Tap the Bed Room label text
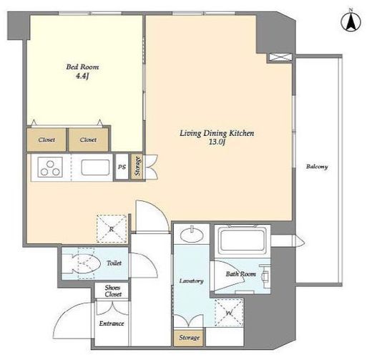(82, 67)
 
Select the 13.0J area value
(217, 142)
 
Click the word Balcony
(317, 167)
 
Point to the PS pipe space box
(122, 167)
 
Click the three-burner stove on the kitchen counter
(50, 167)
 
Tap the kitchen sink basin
(95, 167)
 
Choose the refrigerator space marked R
(112, 228)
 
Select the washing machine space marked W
(229, 313)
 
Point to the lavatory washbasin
(192, 235)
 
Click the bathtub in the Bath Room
(243, 241)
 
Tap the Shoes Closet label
(113, 291)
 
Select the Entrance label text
(112, 323)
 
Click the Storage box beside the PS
(137, 167)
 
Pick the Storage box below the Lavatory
(189, 338)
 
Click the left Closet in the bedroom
(46, 140)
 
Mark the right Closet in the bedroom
(89, 140)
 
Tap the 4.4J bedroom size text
(82, 77)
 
